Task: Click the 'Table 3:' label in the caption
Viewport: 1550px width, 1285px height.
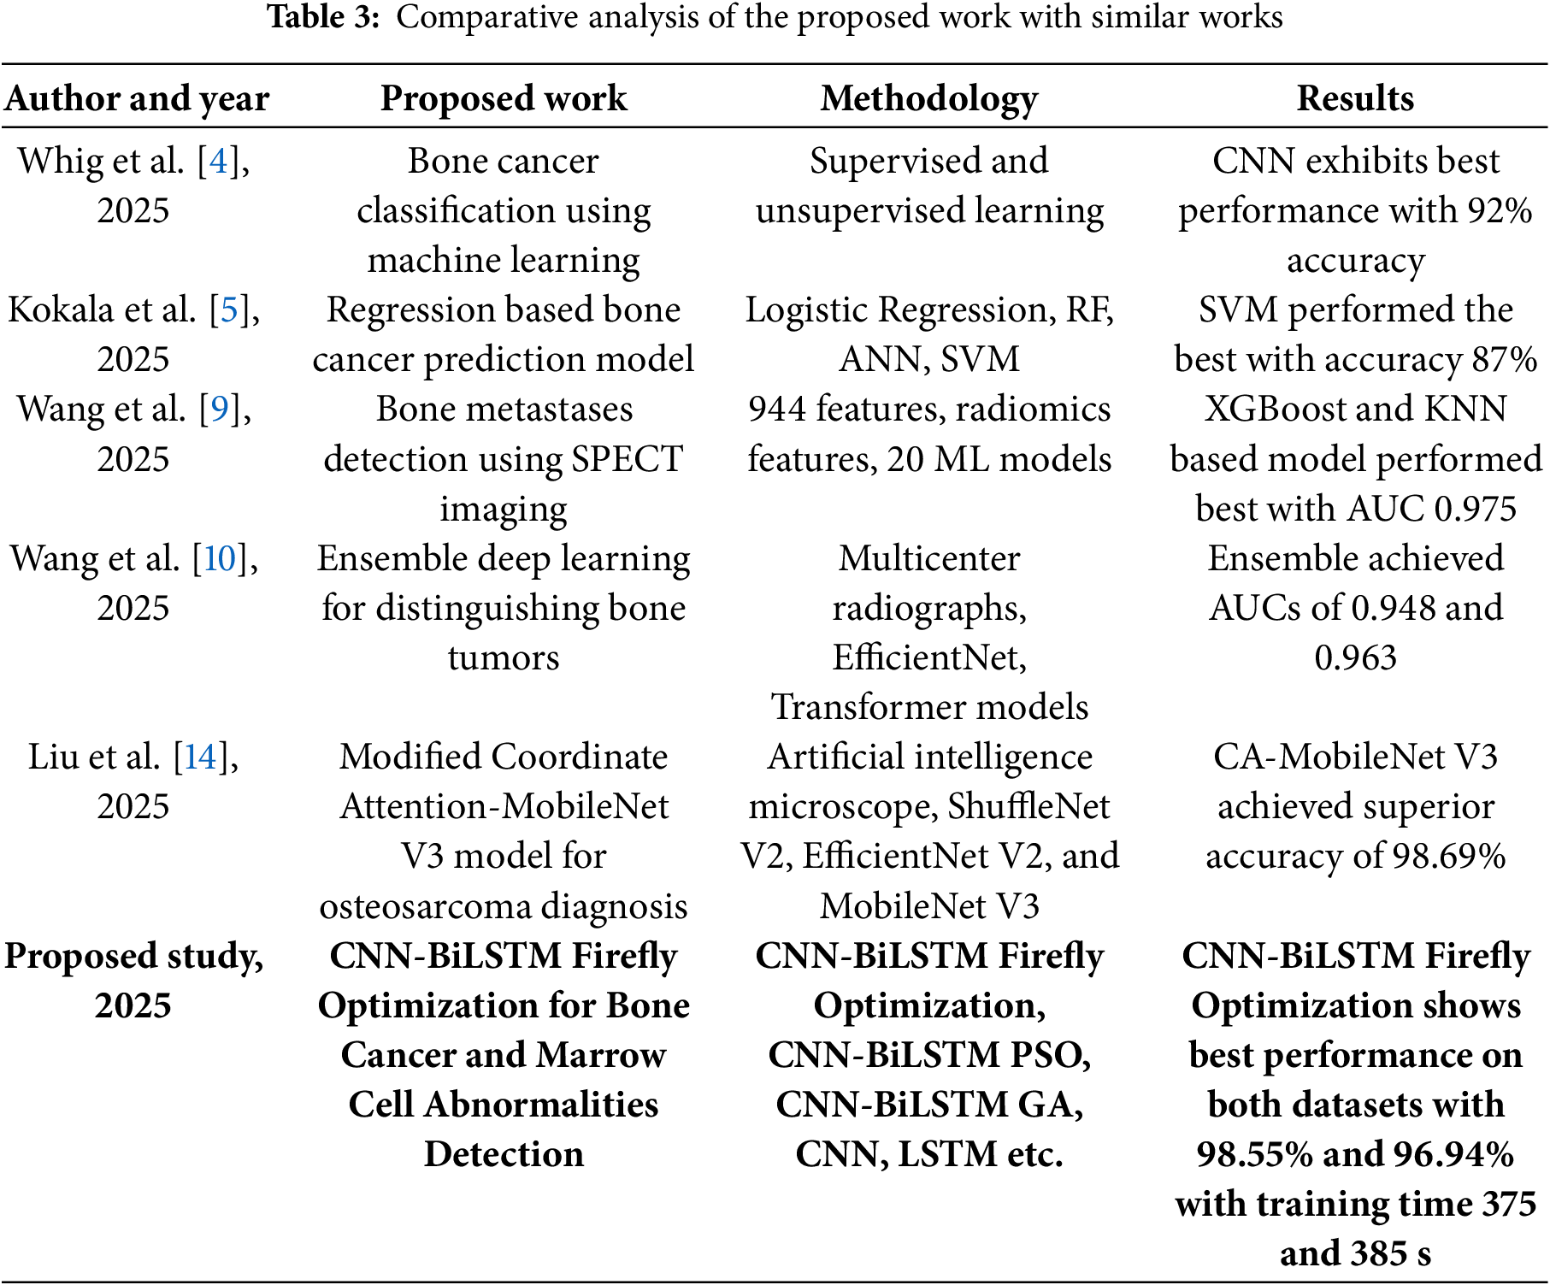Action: [x=323, y=17]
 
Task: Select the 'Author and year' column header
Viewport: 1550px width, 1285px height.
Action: [x=137, y=98]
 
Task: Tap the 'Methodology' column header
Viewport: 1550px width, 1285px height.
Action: [x=929, y=98]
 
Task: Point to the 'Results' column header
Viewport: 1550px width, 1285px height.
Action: [x=1355, y=98]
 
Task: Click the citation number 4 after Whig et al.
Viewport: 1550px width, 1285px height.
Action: [x=219, y=161]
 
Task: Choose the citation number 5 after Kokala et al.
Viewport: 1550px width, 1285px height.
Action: [x=229, y=309]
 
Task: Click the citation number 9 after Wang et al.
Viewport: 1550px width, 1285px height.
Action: [x=220, y=409]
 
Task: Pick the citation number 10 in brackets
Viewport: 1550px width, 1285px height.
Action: [x=220, y=558]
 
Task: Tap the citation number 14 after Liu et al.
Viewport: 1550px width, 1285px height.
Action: [x=201, y=757]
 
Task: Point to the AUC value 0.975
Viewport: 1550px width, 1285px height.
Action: [x=1475, y=509]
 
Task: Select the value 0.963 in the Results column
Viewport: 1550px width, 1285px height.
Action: [x=1355, y=657]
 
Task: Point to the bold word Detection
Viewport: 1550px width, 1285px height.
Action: [x=504, y=1154]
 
